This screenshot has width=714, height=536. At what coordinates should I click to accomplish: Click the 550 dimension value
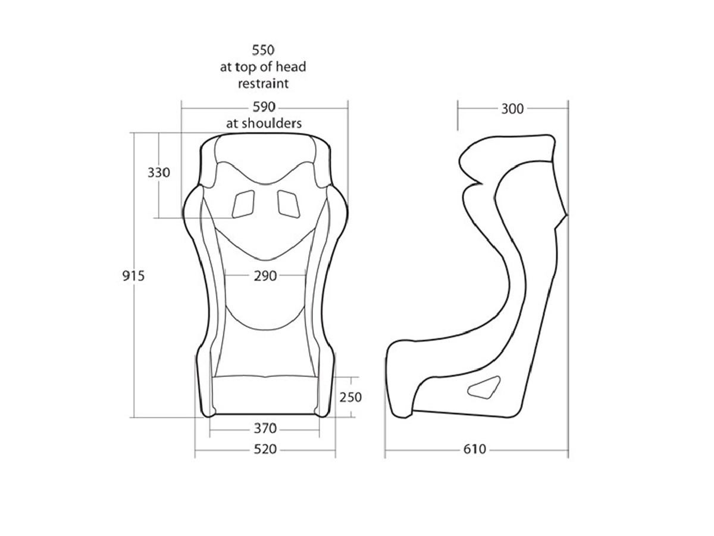click(263, 50)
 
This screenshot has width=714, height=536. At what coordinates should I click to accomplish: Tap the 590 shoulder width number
click(264, 107)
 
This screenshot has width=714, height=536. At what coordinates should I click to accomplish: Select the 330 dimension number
click(159, 173)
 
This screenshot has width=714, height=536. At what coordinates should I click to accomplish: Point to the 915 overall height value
click(133, 276)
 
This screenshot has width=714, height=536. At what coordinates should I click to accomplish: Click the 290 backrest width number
click(265, 276)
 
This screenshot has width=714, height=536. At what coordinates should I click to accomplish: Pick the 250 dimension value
click(350, 397)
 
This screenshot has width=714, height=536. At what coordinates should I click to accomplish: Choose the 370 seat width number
click(265, 428)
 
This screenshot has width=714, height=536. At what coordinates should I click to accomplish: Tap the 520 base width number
click(265, 449)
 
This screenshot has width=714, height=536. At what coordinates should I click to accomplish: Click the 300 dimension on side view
click(512, 109)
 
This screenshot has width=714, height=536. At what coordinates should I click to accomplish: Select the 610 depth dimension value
click(475, 449)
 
